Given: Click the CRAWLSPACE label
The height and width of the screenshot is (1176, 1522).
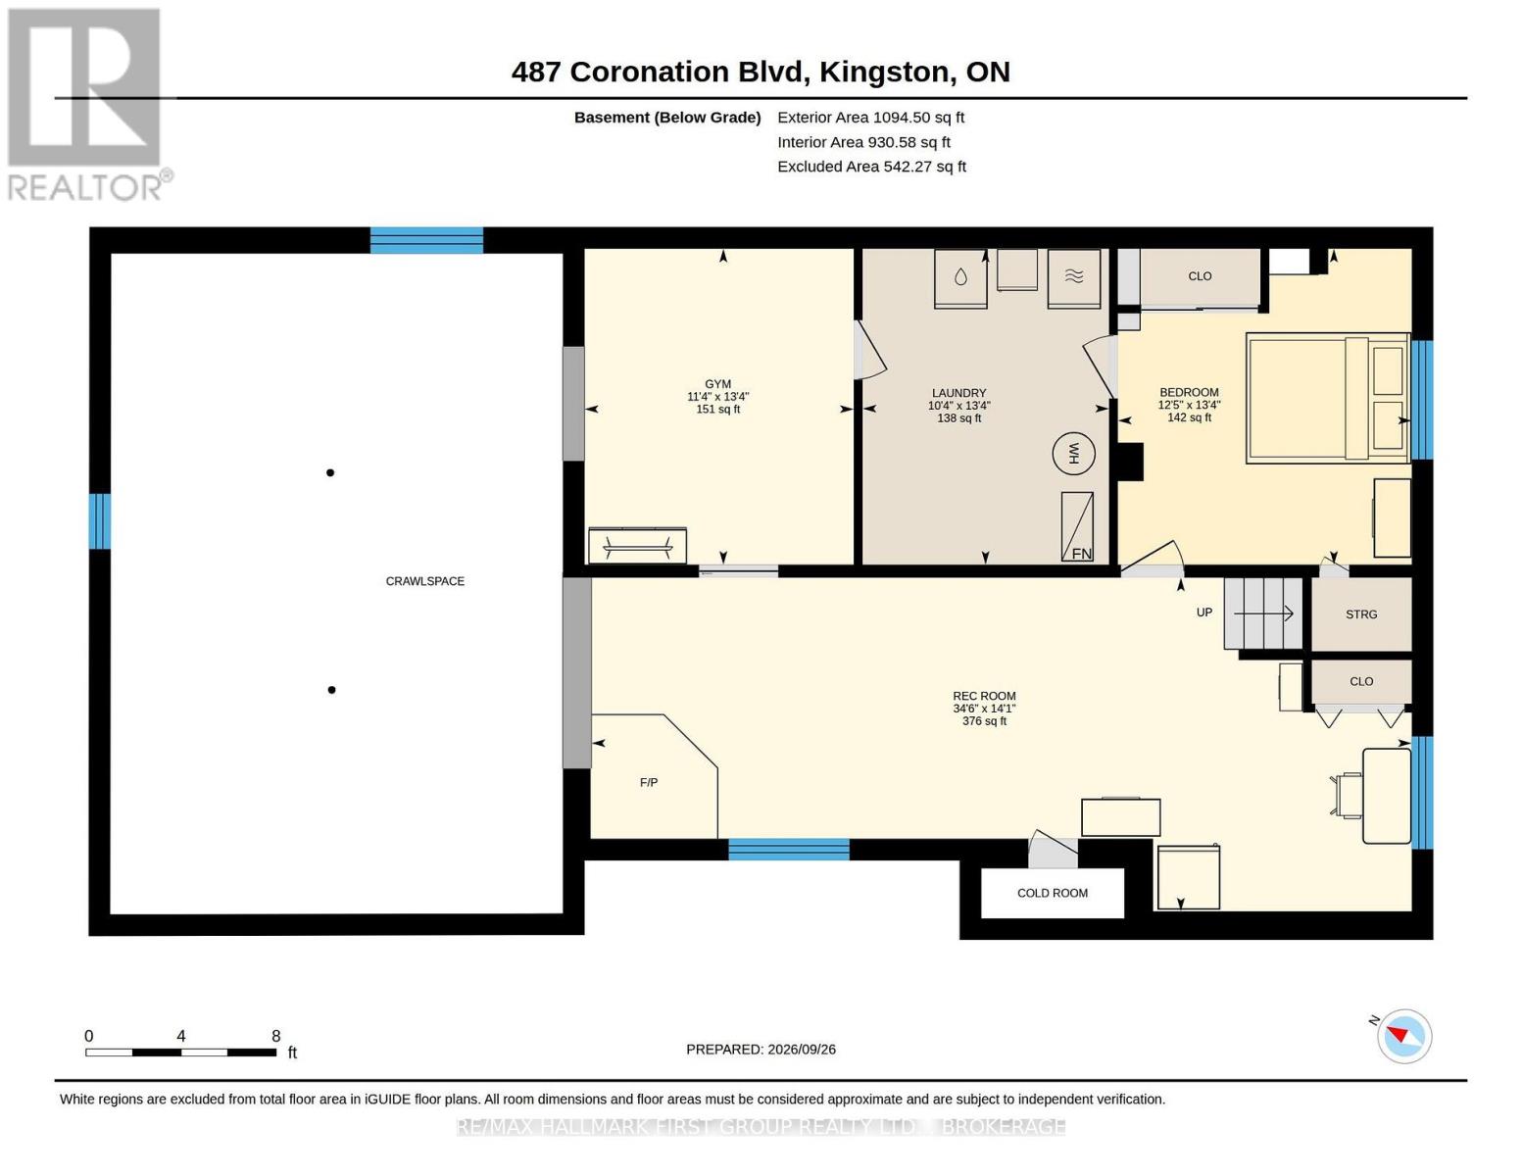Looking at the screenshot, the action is click(424, 581).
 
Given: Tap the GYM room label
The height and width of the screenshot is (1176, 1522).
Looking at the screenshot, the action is click(718, 384).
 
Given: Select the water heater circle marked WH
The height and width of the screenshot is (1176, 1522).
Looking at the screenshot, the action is click(1073, 454).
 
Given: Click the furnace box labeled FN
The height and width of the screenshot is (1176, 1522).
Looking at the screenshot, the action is click(1077, 526).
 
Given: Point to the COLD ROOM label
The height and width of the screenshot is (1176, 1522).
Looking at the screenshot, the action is click(1052, 893).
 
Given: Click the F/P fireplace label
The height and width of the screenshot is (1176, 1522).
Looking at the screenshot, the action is click(649, 782).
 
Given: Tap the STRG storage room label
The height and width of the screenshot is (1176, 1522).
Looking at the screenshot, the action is click(1361, 614).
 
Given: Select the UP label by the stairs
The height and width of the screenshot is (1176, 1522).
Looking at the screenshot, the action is click(1204, 612).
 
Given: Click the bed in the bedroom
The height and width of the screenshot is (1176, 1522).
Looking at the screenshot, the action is click(1328, 398).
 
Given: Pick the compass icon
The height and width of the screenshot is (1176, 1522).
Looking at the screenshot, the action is click(1403, 1036).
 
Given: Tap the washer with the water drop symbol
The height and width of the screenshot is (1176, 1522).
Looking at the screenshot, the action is click(960, 278).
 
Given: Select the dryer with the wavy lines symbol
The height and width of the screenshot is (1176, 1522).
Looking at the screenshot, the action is click(1074, 278).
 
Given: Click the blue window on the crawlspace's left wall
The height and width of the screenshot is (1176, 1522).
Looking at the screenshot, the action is click(99, 521).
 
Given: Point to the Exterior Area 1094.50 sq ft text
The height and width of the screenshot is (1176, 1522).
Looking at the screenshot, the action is click(870, 118).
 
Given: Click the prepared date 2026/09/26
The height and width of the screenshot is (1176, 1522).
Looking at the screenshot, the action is click(802, 1050).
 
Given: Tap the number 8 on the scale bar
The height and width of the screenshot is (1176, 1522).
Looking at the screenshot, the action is click(276, 1036).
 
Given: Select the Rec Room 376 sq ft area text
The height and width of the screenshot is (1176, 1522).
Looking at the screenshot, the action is click(984, 720).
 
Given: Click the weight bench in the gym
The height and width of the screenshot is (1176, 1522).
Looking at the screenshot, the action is click(637, 545).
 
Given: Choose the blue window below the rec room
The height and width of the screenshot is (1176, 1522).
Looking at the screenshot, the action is click(789, 849).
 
